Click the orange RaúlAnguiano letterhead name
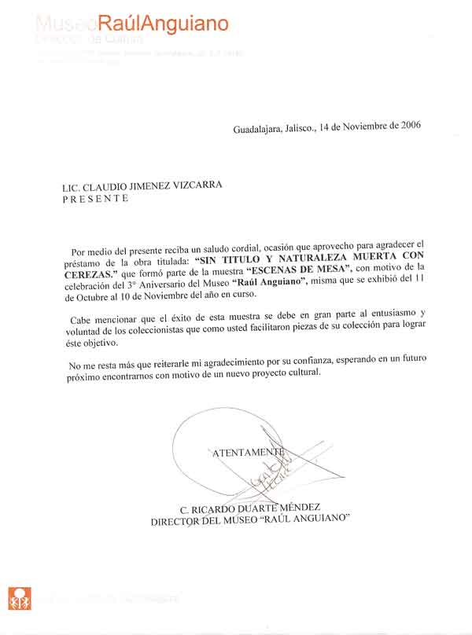(164, 24)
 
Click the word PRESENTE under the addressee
(95, 199)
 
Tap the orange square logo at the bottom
(19, 599)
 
